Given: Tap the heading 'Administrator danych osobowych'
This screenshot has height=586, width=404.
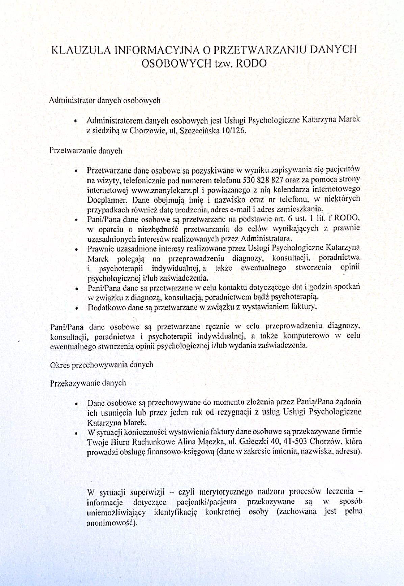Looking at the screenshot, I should pos(105,101).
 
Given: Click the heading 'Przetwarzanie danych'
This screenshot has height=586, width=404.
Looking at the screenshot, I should pos(86,151).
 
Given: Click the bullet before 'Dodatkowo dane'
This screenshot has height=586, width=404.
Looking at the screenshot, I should pos(77,308).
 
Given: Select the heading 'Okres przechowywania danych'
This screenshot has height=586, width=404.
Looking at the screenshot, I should pos(101,365).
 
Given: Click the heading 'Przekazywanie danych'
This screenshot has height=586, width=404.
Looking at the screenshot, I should pos(88,383).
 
